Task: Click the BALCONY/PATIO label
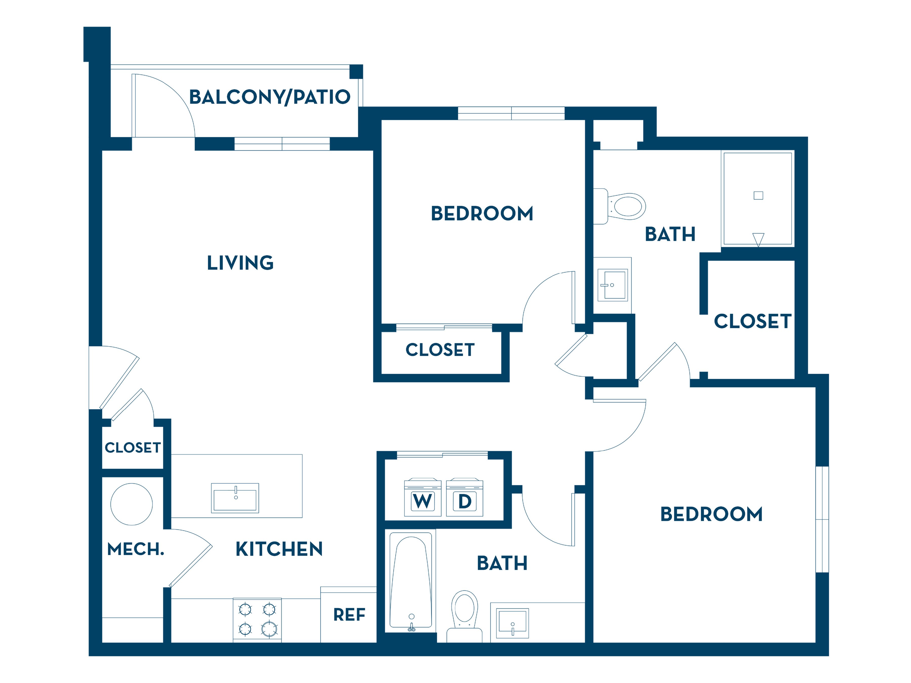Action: [270, 97]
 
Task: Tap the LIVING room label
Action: [240, 263]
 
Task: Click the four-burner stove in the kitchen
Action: [257, 620]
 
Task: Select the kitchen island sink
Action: [235, 498]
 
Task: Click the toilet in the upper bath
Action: [619, 206]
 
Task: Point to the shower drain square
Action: [758, 196]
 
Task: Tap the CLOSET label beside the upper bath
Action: [752, 321]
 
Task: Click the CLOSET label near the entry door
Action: [133, 447]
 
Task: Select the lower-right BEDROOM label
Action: [711, 514]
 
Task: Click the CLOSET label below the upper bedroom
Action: [440, 350]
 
